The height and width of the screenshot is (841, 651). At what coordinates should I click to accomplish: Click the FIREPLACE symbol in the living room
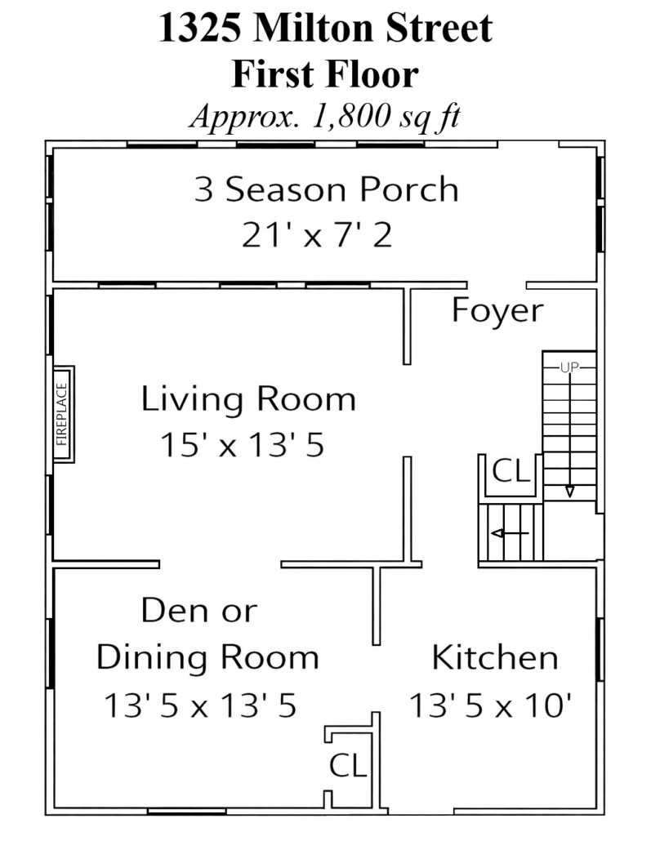pyautogui.click(x=64, y=414)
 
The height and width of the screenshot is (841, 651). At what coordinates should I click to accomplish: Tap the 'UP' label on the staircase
pyautogui.click(x=569, y=367)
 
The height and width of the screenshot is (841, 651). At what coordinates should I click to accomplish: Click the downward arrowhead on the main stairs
pyautogui.click(x=569, y=492)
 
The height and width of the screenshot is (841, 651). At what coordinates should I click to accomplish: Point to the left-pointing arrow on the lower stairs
pyautogui.click(x=510, y=533)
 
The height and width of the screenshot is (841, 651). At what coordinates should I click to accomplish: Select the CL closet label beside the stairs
pyautogui.click(x=511, y=471)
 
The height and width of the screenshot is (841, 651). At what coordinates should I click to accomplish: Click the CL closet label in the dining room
pyautogui.click(x=348, y=765)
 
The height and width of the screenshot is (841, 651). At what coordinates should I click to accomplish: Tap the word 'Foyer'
pyautogui.click(x=497, y=310)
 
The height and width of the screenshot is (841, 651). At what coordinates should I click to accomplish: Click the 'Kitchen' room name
pyautogui.click(x=495, y=657)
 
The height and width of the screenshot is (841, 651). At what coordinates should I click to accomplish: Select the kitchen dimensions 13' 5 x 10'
pyautogui.click(x=490, y=705)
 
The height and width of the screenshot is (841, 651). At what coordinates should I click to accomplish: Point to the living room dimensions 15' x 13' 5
pyautogui.click(x=243, y=445)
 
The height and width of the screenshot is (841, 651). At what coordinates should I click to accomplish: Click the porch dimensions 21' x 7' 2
pyautogui.click(x=317, y=235)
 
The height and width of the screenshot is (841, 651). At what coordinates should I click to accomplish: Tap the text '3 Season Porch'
pyautogui.click(x=326, y=189)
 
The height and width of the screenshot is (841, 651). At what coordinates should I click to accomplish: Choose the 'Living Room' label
pyautogui.click(x=248, y=399)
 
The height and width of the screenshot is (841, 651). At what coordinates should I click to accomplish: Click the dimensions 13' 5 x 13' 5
pyautogui.click(x=200, y=705)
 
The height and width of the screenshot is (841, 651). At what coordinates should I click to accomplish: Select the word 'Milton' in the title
pyautogui.click(x=314, y=28)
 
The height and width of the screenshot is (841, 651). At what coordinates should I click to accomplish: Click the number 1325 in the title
pyautogui.click(x=199, y=28)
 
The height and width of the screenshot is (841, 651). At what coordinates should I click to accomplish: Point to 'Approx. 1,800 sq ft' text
pyautogui.click(x=325, y=117)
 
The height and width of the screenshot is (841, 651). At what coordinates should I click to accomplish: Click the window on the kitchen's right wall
pyautogui.click(x=600, y=649)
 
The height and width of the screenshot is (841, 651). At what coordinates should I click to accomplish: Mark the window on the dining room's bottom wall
pyautogui.click(x=187, y=812)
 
